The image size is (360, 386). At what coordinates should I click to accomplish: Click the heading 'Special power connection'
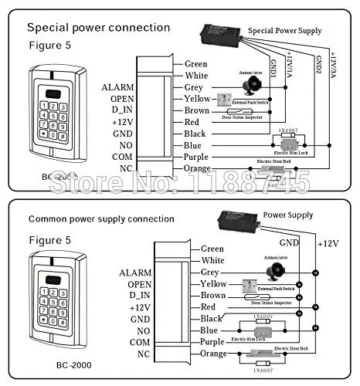point(98,28)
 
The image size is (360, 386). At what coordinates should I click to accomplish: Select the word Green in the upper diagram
point(196,64)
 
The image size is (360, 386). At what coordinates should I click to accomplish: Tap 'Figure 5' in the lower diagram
point(49,240)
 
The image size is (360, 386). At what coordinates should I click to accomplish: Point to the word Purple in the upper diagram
point(198,157)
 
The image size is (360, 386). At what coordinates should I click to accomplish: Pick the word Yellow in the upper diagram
point(198,99)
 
